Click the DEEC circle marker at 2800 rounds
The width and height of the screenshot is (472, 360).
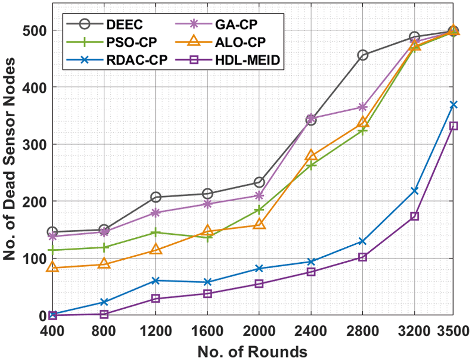click(x=363, y=55)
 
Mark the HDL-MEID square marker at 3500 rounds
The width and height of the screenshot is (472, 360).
click(x=453, y=126)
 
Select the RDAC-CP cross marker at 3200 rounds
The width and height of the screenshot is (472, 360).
click(x=414, y=191)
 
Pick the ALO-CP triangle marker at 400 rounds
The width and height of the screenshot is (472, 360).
click(x=52, y=267)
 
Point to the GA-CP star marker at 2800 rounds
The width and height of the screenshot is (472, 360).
click(x=363, y=107)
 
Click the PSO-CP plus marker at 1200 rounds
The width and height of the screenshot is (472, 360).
click(x=156, y=232)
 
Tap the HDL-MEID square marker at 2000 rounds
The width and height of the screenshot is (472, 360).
click(x=259, y=284)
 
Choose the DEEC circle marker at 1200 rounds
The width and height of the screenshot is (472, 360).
click(x=156, y=197)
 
